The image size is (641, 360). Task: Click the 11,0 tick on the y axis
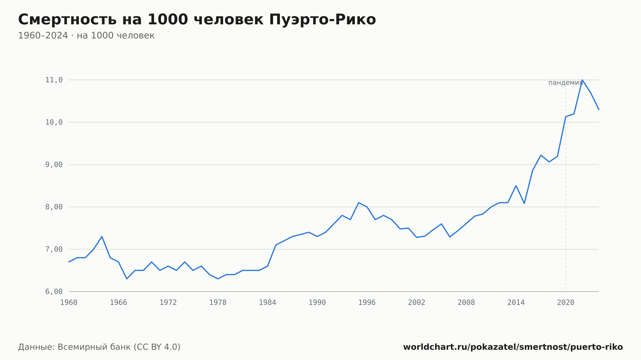[54, 80]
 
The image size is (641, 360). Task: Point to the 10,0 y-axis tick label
[54, 122]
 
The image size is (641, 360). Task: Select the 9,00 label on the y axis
[54, 165]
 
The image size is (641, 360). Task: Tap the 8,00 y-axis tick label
[54, 207]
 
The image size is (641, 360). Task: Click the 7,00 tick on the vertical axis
[54, 249]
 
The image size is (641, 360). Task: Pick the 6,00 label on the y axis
[54, 291]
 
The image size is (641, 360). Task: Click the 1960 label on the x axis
[69, 303]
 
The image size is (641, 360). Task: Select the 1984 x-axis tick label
[268, 303]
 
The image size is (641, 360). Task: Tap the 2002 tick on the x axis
[417, 303]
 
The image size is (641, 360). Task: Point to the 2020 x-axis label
[566, 303]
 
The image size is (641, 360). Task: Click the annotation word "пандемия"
[565, 83]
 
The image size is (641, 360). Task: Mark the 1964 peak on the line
[102, 236]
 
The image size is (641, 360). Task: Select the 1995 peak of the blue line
[359, 203]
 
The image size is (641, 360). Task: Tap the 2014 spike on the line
[516, 186]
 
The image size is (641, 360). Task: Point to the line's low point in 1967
[127, 279]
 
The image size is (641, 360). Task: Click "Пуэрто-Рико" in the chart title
[322, 20]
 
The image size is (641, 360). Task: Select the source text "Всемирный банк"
[94, 347]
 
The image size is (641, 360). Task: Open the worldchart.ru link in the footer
[513, 347]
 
